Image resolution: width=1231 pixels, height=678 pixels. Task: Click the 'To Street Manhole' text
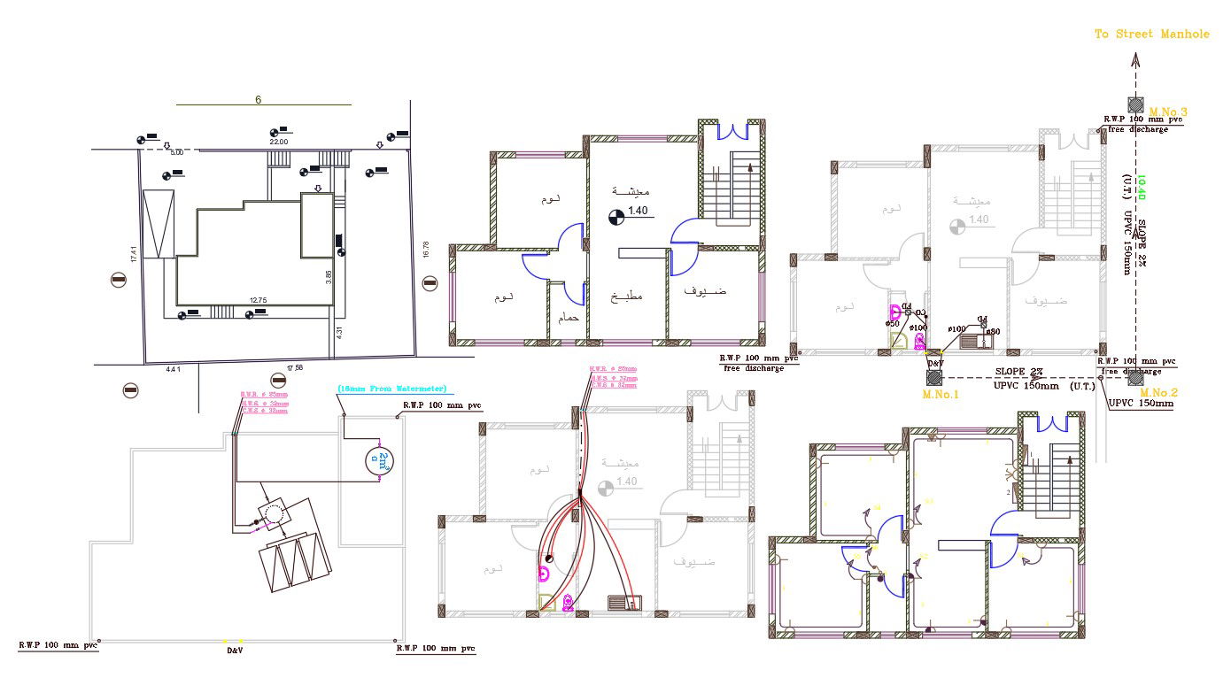pos(1151,34)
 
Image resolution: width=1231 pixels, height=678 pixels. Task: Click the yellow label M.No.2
pos(1158,392)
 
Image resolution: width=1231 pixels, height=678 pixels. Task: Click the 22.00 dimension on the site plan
pos(279,142)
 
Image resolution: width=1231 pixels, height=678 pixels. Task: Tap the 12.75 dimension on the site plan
pos(258,301)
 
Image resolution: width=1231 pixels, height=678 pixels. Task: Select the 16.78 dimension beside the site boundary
pos(426,250)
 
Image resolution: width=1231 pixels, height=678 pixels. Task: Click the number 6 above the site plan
pos(258,100)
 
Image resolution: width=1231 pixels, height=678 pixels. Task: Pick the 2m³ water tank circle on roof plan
pos(379,458)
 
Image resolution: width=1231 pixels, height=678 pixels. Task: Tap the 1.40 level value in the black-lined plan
pos(639,211)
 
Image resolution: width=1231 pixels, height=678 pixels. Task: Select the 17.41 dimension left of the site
pos(135,254)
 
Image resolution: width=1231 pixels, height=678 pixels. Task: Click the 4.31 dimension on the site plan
pos(338,332)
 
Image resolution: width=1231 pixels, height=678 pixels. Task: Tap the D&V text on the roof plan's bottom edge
pos(235,651)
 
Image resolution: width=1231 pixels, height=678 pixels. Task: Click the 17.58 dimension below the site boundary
pos(295,367)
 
